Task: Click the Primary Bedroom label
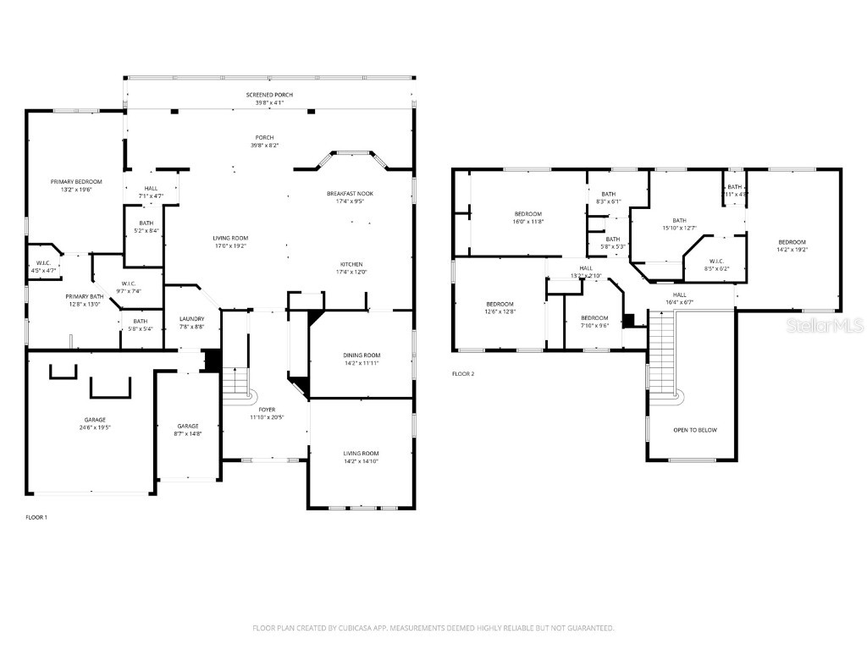coord(76,182)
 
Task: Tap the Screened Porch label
coord(269,95)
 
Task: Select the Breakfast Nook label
coord(350,194)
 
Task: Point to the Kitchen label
coord(351,264)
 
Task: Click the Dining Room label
coord(362,355)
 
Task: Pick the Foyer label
coord(268,410)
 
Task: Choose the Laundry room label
coord(191,319)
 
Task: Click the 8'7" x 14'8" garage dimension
coord(187,433)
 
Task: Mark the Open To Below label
coord(694,430)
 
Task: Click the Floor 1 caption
coord(36,516)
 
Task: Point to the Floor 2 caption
coord(463,373)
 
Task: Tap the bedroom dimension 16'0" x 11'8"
coord(528,221)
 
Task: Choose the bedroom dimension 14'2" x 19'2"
coord(792,250)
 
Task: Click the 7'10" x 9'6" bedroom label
coord(594,326)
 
